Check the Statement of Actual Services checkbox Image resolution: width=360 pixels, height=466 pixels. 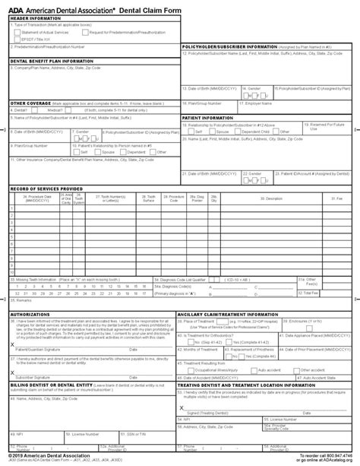tap(17, 30)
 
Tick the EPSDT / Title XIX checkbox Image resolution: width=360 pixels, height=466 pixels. tap(17, 37)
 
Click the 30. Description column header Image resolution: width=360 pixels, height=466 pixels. tap(272, 198)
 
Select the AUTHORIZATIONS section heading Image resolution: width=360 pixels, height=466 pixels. tap(30, 313)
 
